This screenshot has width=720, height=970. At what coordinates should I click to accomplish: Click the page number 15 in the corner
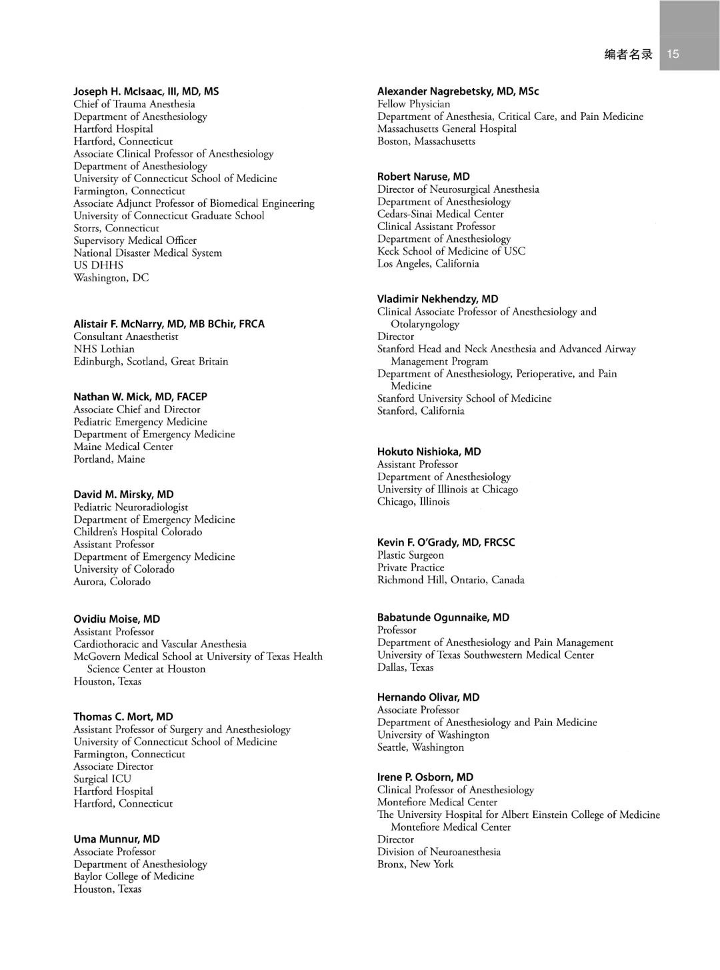click(x=673, y=54)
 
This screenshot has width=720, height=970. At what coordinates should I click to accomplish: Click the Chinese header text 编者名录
click(x=628, y=55)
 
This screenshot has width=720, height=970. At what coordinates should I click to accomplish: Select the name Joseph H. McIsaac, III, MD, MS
click(x=146, y=91)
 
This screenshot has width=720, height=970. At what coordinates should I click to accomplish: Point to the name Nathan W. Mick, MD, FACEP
click(x=140, y=397)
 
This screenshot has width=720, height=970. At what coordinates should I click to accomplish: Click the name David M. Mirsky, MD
click(x=123, y=495)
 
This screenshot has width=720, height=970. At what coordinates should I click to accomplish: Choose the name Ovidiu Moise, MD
click(x=117, y=619)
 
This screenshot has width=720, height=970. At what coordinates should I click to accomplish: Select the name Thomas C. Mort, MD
click(x=123, y=717)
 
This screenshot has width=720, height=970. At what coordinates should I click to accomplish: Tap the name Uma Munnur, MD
click(x=117, y=839)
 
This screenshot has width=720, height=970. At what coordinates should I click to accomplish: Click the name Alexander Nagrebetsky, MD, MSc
click(x=458, y=91)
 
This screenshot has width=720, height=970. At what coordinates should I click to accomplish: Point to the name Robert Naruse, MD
click(x=423, y=177)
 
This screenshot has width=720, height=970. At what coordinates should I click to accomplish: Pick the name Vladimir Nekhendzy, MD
click(x=437, y=299)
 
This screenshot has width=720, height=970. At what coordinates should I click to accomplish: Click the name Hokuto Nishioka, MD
click(x=429, y=452)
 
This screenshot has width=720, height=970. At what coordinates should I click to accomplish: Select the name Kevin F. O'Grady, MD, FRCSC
click(x=446, y=543)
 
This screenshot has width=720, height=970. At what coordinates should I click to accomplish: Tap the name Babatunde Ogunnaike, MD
click(x=443, y=618)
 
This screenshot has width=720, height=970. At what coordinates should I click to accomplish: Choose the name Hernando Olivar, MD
click(x=428, y=697)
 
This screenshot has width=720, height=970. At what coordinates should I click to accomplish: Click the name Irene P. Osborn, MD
click(x=425, y=777)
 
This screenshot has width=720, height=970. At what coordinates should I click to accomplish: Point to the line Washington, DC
click(x=111, y=278)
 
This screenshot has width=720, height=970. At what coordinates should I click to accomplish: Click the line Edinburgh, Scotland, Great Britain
click(x=151, y=361)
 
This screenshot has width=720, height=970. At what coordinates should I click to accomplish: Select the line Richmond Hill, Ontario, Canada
click(x=451, y=580)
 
